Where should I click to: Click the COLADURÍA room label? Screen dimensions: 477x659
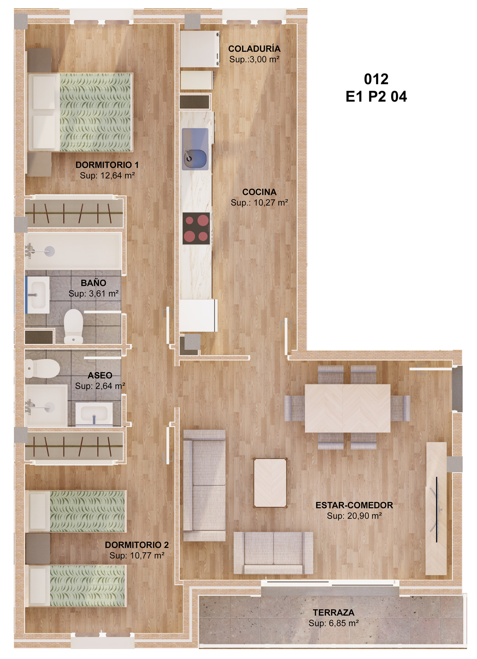click(x=254, y=49)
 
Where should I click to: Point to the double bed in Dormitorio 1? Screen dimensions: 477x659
click(x=81, y=112)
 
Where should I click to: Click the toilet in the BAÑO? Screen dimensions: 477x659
click(x=73, y=326)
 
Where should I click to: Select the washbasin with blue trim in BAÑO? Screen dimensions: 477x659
click(x=38, y=295)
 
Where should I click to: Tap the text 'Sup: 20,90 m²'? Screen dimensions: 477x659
click(x=354, y=516)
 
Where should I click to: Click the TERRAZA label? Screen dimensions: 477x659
click(x=333, y=613)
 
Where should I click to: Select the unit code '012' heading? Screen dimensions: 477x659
click(x=376, y=79)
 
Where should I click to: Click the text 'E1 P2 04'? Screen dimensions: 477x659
click(x=376, y=96)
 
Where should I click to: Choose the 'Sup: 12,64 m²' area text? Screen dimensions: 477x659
click(x=107, y=175)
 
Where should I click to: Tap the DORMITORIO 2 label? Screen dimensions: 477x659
click(x=137, y=545)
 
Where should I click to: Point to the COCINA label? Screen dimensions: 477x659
click(x=259, y=192)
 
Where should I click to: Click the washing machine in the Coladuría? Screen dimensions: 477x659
click(x=199, y=49)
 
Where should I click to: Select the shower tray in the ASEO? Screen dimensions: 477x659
click(x=46, y=406)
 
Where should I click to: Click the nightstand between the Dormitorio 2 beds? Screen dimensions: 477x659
click(x=38, y=549)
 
